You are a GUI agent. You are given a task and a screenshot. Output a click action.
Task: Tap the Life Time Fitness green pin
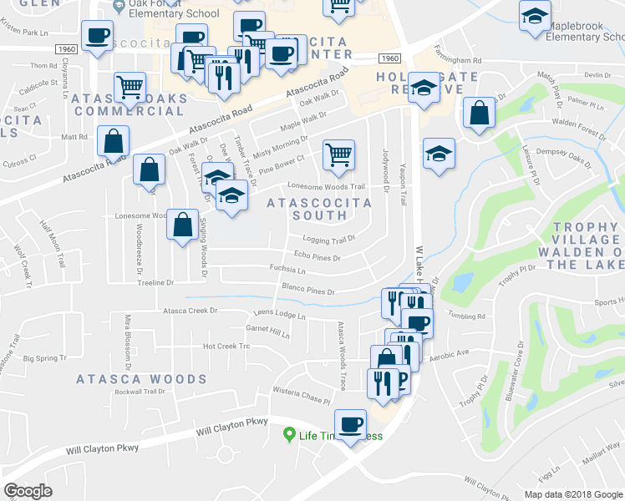(x=289, y=434)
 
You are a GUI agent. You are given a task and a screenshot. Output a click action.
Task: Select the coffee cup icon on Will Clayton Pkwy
(x=350, y=425)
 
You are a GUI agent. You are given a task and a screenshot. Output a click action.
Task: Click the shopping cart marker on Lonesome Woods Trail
(x=338, y=154)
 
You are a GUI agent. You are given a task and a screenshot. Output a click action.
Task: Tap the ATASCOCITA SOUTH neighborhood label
(x=307, y=209)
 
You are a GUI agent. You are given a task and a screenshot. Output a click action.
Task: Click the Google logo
(x=28, y=491)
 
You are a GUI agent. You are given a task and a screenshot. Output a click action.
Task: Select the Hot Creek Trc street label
(x=226, y=346)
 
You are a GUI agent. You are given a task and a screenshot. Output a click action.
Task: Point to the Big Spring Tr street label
(x=44, y=358)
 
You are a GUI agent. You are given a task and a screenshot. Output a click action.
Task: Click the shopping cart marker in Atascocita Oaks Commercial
(x=130, y=86)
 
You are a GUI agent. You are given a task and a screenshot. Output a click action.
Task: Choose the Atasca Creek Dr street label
(x=189, y=311)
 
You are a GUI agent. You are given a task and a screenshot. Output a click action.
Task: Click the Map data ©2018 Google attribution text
(x=573, y=493)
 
